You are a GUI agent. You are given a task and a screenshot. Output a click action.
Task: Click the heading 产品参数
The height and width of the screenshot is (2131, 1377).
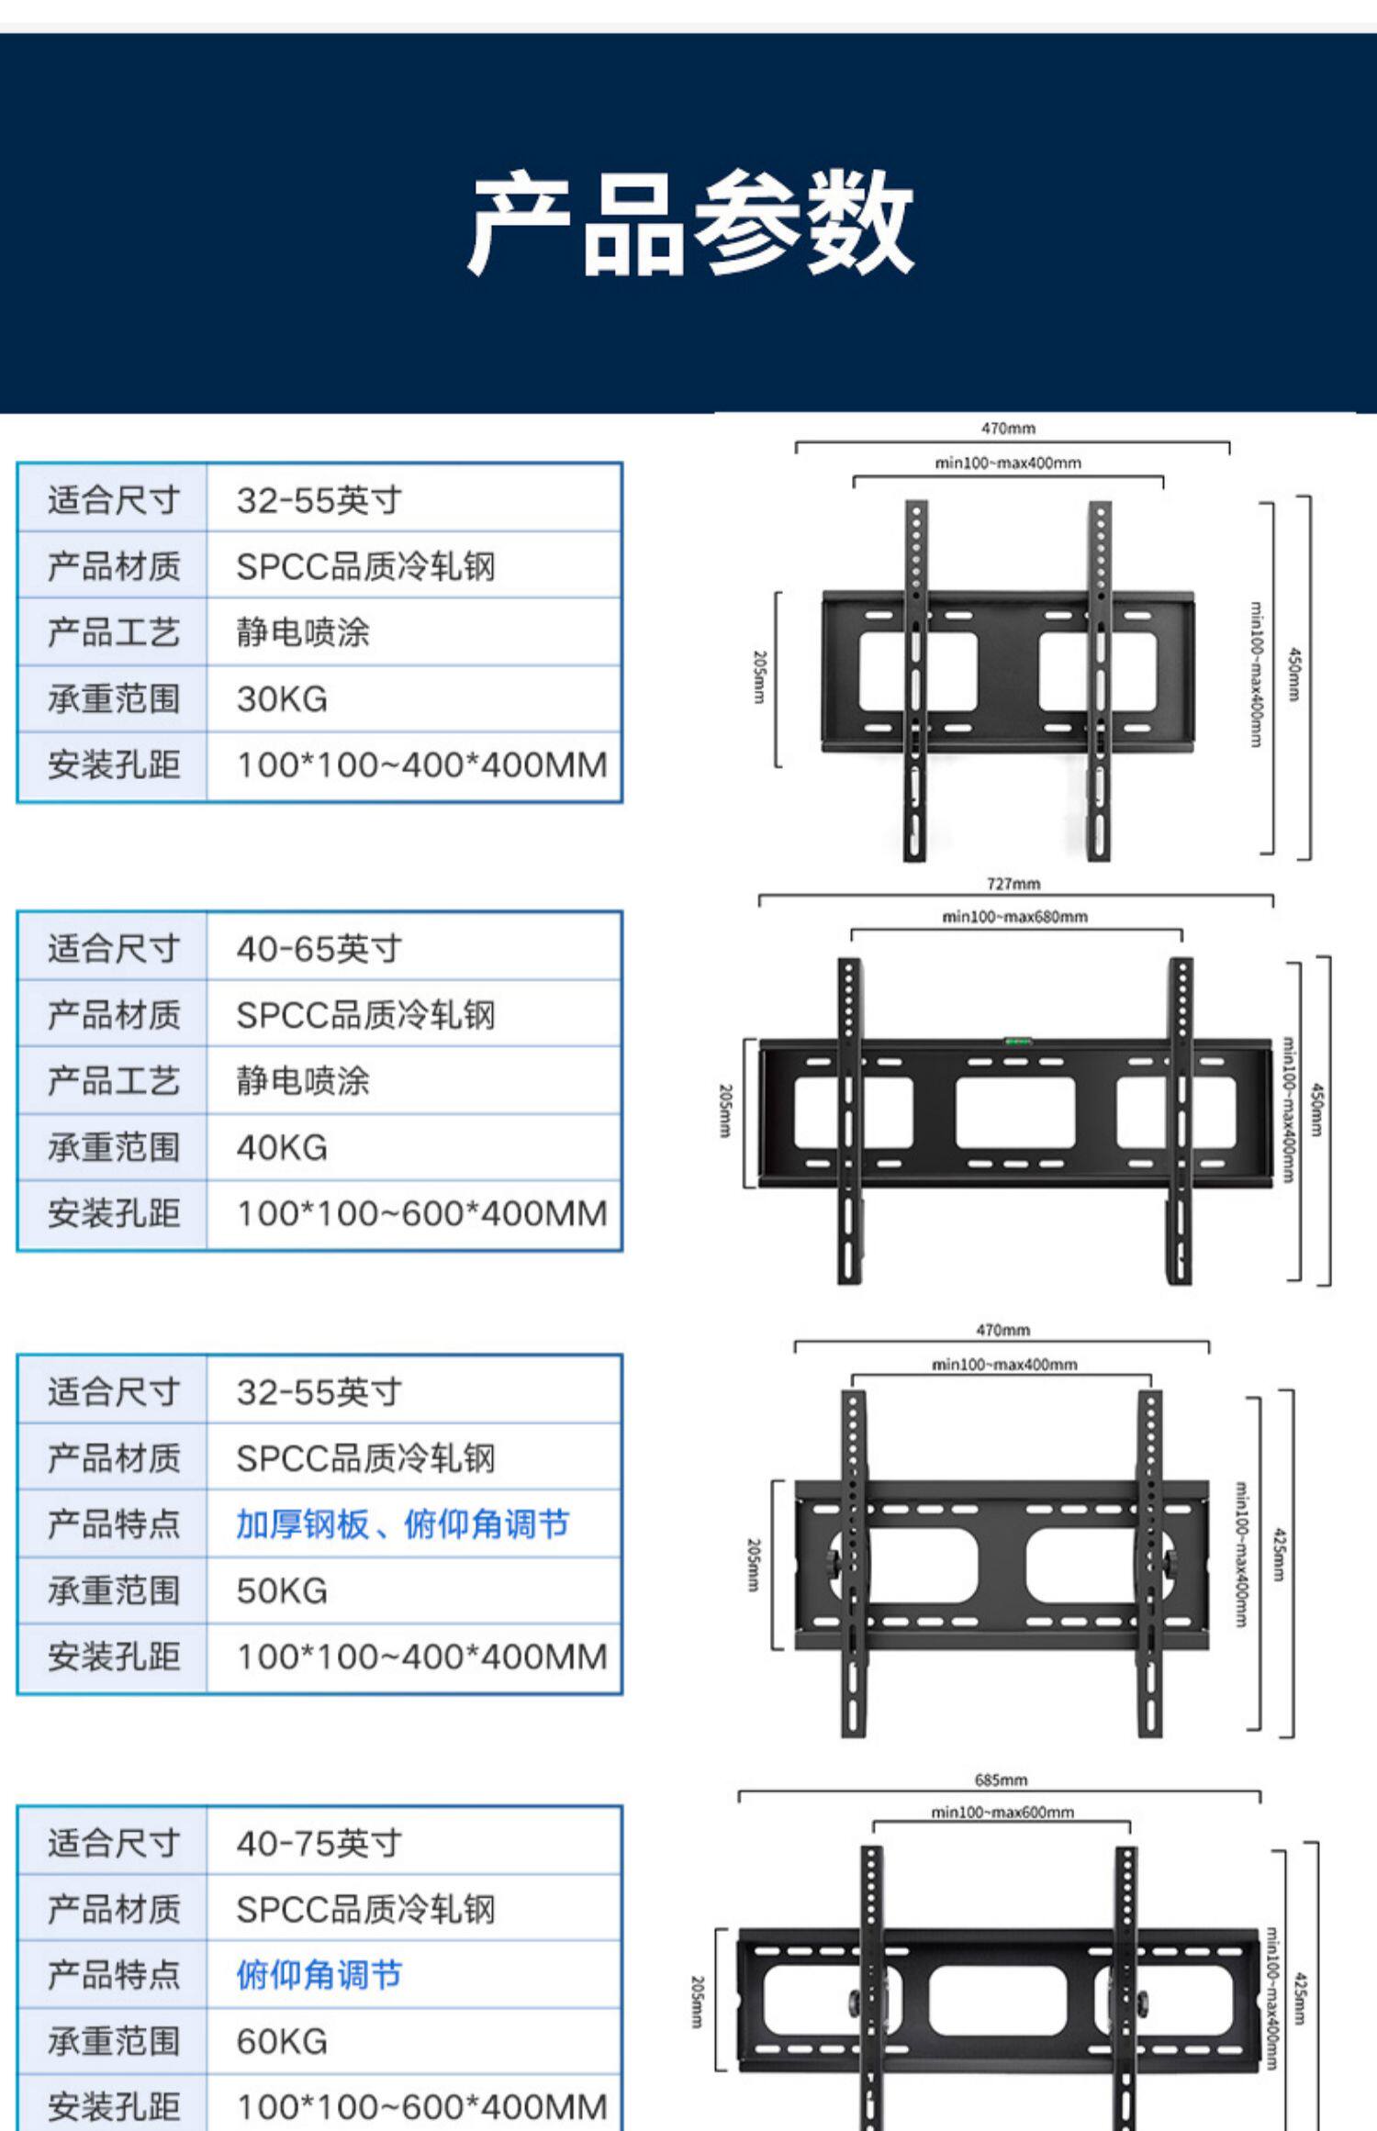coord(690,223)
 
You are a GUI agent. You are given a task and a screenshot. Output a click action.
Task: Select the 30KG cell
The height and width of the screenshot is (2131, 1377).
coord(282,699)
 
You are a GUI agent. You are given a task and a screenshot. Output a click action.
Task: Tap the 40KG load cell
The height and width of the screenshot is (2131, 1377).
coord(282,1147)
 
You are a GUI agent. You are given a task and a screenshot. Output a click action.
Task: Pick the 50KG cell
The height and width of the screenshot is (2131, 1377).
coord(282,1590)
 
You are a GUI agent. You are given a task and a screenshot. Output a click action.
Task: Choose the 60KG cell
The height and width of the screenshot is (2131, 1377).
coord(282,2041)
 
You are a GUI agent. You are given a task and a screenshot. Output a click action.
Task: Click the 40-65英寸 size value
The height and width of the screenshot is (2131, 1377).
coord(319,948)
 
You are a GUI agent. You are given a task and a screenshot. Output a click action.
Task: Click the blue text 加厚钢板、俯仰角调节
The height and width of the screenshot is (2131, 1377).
coord(402,1524)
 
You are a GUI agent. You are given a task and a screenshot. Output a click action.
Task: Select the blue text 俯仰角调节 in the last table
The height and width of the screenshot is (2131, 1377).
coord(319,1974)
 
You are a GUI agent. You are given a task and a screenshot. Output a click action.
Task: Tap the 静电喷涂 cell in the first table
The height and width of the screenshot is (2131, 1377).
coord(302,632)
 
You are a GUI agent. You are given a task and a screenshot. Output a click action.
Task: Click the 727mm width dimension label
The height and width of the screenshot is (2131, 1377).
coord(1013,884)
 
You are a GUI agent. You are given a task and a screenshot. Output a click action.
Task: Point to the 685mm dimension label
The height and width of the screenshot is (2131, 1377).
coord(1001,1780)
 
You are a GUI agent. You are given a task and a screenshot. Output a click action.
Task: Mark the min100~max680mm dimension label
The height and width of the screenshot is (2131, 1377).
coord(1014,916)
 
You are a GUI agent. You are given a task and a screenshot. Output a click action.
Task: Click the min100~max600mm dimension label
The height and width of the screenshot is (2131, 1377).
coord(1002,1812)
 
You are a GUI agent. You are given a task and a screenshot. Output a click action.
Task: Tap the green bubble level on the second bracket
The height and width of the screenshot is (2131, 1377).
coord(1016,1041)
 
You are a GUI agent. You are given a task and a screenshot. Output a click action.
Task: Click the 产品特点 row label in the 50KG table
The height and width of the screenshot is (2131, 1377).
coord(114,1524)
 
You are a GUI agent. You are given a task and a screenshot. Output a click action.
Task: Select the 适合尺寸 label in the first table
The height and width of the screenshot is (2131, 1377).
coord(114,500)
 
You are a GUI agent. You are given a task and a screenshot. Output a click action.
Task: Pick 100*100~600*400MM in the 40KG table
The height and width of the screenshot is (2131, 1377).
coord(422,1213)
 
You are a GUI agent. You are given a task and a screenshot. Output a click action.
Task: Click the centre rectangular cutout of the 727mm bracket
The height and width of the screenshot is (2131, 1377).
coord(1014,1112)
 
